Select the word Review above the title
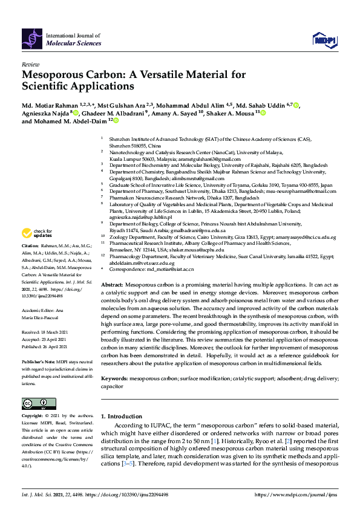pos(30,63)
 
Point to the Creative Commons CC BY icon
pos(34,404)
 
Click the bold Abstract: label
pos(112,284)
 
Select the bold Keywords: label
pos(114,378)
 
